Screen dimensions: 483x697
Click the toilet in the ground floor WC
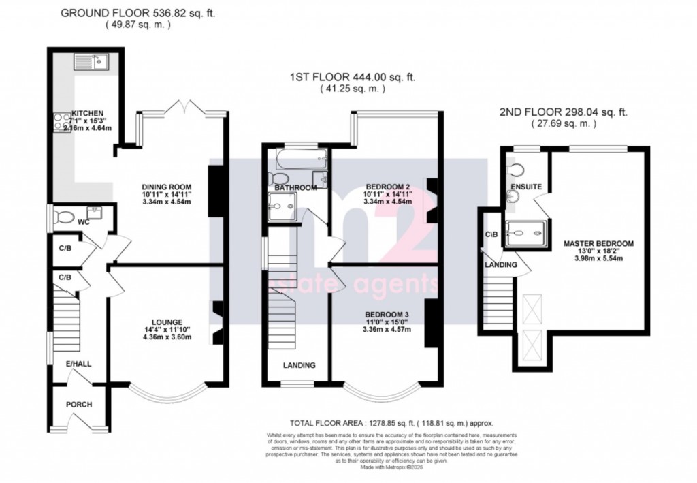pyautogui.click(x=63, y=218)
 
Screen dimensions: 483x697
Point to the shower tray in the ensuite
pyautogui.click(x=525, y=234)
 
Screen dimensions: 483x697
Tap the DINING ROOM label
pyautogui.click(x=166, y=187)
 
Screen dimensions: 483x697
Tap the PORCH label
pyautogui.click(x=78, y=405)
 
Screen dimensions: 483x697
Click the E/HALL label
pyautogui.click(x=78, y=364)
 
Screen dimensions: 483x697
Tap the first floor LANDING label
pyautogui.click(x=299, y=365)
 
